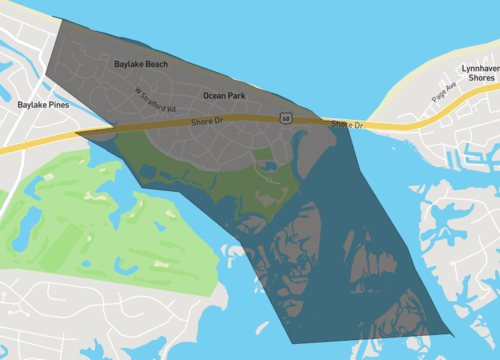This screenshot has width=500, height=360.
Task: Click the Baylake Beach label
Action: pos(141,64)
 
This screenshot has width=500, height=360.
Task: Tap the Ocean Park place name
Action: pos(224,96)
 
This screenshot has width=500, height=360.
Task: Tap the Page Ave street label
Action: pos(444,93)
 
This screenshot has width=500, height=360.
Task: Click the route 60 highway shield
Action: pos(287,118)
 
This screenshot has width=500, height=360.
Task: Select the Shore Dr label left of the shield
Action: pos(209,122)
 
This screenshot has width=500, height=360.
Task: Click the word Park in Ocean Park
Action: pos(236,96)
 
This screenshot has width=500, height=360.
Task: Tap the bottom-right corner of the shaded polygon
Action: pos(452,333)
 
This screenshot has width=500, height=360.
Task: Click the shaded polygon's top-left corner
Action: pos(60,18)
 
